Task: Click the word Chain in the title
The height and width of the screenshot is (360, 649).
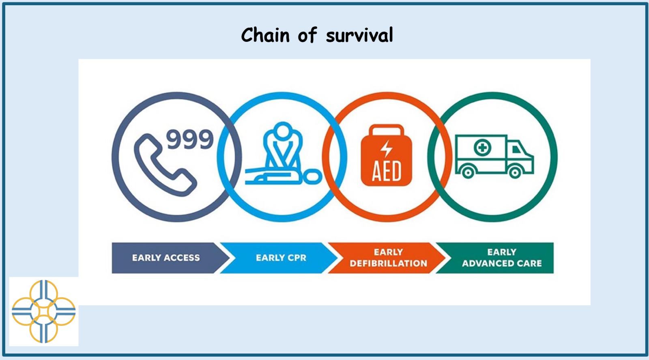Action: [265, 35]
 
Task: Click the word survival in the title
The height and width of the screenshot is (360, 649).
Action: [359, 35]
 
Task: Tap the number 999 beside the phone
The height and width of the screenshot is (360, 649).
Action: [190, 139]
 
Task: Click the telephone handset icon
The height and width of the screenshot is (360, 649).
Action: [165, 165]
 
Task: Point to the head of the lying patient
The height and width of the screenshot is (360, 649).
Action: [312, 176]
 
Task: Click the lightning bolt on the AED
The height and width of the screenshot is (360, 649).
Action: [386, 149]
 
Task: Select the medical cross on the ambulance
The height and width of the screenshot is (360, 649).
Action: [482, 148]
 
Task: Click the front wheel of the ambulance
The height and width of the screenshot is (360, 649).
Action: [515, 173]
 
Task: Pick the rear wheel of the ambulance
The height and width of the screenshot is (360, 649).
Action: [468, 173]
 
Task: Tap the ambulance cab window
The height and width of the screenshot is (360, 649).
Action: [516, 150]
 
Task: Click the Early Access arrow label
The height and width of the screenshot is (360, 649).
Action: [166, 258]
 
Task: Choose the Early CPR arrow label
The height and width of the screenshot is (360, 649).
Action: [281, 258]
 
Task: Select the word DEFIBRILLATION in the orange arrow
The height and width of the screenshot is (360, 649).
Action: [389, 263]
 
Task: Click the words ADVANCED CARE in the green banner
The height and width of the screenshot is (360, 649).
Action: [502, 263]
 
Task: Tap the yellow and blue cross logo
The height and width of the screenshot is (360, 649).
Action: [44, 311]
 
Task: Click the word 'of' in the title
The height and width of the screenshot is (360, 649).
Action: [308, 35]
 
